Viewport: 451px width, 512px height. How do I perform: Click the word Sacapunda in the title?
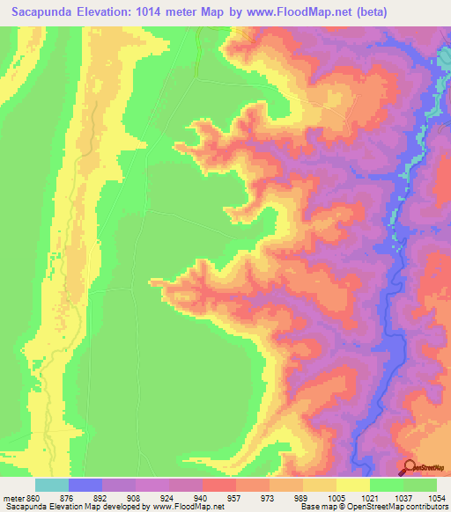click(x=43, y=11)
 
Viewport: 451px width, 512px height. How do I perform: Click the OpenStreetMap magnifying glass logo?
click(x=408, y=467)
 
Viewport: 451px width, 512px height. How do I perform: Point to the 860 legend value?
click(x=33, y=497)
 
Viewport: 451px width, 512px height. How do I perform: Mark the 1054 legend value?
click(x=436, y=497)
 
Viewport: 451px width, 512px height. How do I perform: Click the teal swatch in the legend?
click(x=52, y=485)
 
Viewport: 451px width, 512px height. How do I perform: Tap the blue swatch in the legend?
click(x=85, y=485)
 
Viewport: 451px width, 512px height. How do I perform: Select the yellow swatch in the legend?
click(x=352, y=485)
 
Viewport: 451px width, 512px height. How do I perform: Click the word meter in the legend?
click(x=13, y=497)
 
